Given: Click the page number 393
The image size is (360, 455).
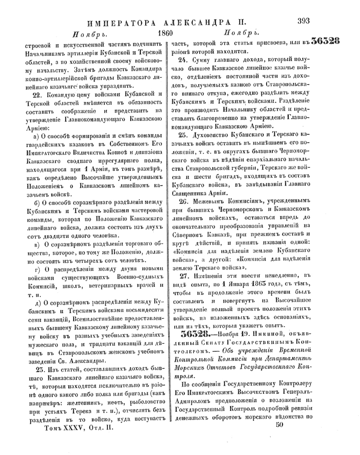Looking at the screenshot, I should [303, 21].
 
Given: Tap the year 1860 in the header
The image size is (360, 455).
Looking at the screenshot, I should [164, 34].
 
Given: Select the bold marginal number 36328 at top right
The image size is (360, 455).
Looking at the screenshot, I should [325, 42].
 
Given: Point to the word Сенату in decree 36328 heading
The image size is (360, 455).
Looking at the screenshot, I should [203, 342].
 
